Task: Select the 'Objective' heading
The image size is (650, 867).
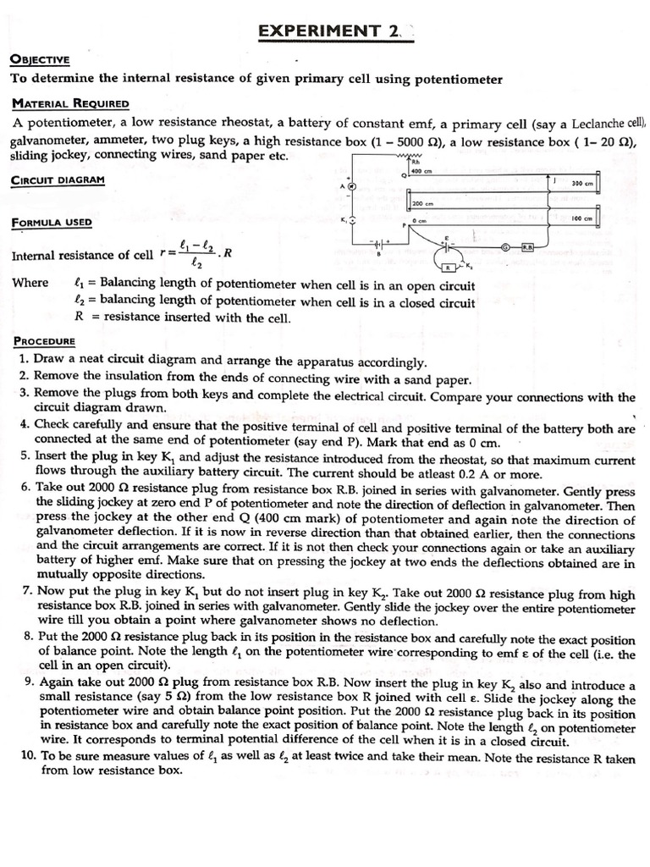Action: pyautogui.click(x=40, y=60)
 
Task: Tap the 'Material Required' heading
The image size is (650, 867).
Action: pyautogui.click(x=70, y=103)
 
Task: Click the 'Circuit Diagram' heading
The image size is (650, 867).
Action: pyautogui.click(x=58, y=180)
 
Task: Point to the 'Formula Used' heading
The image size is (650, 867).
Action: pyautogui.click(x=52, y=223)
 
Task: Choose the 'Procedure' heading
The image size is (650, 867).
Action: pyautogui.click(x=44, y=341)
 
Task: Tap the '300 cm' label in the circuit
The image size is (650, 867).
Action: pyautogui.click(x=582, y=183)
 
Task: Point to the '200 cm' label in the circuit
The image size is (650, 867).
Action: pyautogui.click(x=422, y=204)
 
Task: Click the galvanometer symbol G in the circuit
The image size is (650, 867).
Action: pyautogui.click(x=505, y=247)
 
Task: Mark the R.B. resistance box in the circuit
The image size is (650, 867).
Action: pyautogui.click(x=527, y=247)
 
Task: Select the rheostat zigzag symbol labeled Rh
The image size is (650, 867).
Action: pyautogui.click(x=414, y=157)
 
